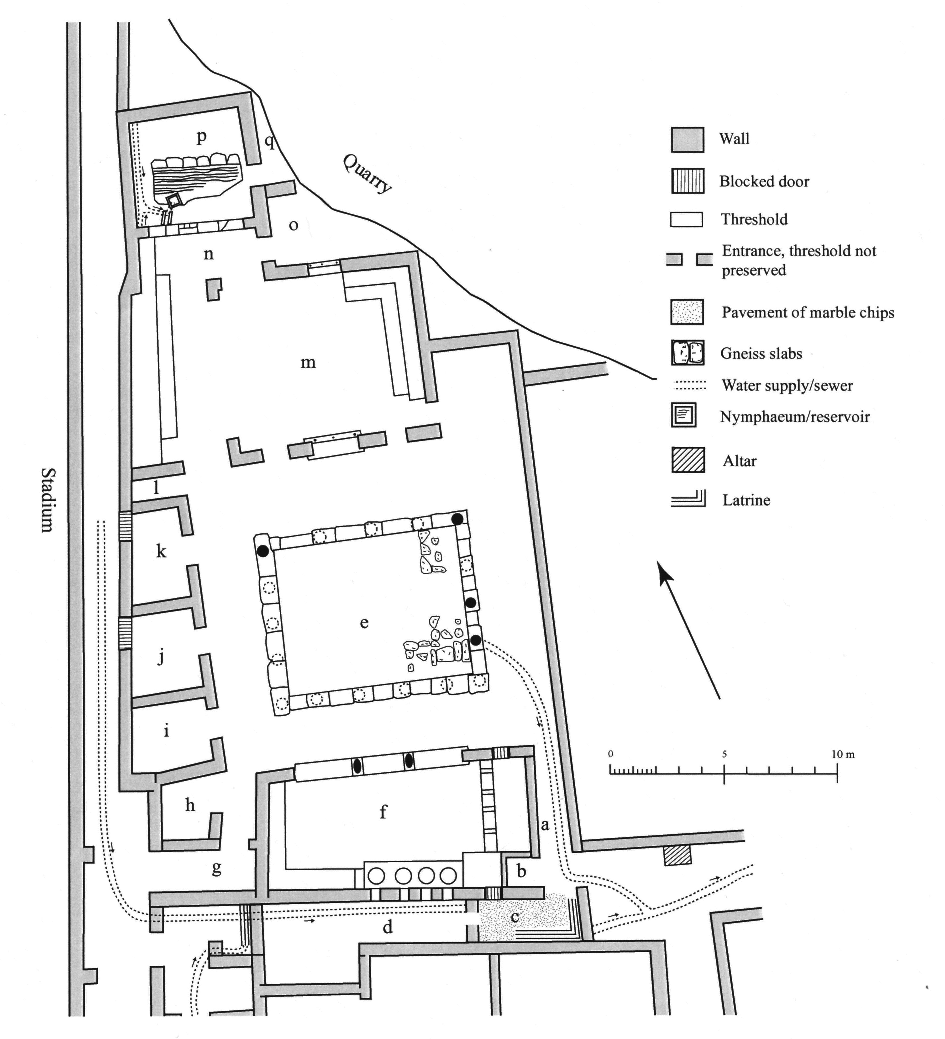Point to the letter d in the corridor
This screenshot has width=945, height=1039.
[x=388, y=927]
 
